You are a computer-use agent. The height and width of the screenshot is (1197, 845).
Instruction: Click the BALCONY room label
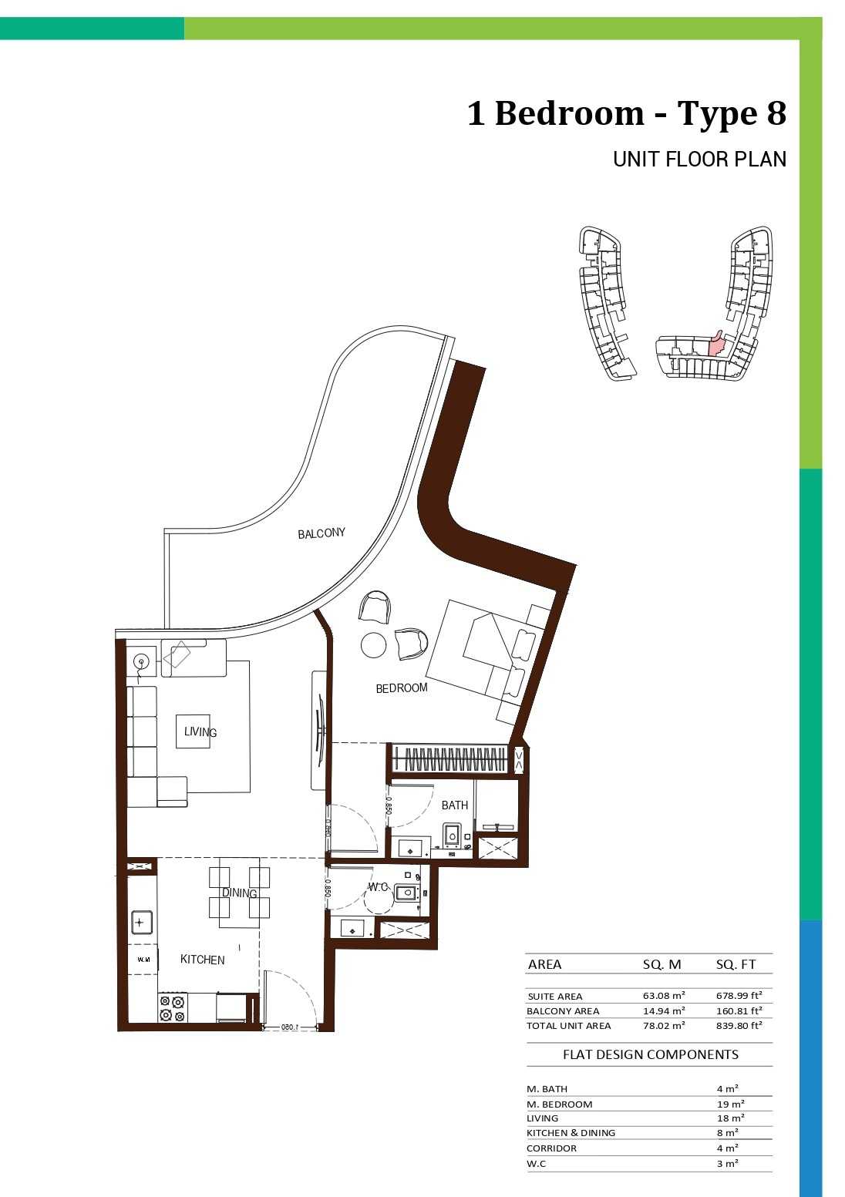click(322, 533)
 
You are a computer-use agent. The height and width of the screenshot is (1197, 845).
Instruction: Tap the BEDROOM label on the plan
click(402, 688)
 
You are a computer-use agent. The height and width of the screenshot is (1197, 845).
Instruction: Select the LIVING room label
click(200, 731)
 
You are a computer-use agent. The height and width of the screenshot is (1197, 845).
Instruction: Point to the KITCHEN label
click(202, 960)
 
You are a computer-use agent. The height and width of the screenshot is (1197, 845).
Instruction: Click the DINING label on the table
click(240, 893)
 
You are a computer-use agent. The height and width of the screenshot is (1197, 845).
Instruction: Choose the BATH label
click(455, 805)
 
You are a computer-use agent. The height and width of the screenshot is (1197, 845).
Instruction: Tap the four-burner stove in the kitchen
click(173, 1008)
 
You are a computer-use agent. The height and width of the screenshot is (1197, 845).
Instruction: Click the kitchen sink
click(142, 923)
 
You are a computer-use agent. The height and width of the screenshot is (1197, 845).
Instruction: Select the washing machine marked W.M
click(143, 960)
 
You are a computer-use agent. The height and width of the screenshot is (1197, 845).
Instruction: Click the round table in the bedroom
click(374, 645)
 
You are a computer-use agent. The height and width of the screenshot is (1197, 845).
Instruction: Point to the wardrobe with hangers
click(449, 759)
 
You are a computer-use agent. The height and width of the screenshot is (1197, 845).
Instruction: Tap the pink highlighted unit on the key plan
click(715, 344)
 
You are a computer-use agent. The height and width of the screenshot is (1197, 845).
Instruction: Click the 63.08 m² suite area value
click(664, 996)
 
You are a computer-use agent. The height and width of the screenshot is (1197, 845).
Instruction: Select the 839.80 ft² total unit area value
click(739, 1025)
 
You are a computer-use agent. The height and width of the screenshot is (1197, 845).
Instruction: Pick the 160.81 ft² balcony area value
click(739, 1010)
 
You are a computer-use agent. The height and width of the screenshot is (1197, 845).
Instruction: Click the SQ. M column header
click(662, 964)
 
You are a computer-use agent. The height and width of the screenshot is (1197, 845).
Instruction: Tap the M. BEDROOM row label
click(559, 1105)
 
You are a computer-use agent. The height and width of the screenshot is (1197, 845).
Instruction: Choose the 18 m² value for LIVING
click(727, 1118)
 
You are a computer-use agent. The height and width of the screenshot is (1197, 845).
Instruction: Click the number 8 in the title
click(776, 113)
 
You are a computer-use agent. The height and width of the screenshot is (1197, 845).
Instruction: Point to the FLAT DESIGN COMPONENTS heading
click(651, 1055)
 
